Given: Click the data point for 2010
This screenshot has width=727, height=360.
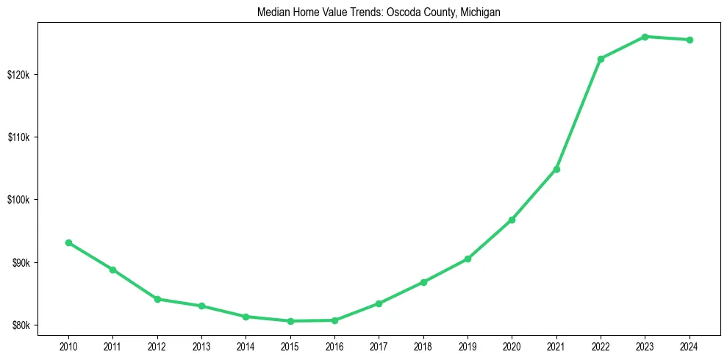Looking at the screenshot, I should [x=68, y=242].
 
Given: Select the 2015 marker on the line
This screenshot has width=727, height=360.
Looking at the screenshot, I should [x=290, y=321].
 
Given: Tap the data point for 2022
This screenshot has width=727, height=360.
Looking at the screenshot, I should [x=601, y=59].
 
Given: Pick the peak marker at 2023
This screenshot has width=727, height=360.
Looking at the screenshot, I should [x=645, y=37].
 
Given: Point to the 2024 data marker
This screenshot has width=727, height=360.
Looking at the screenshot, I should [x=690, y=40].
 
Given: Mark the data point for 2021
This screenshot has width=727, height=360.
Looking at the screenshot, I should [x=556, y=169].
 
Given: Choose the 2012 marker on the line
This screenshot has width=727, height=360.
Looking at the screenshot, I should [x=157, y=299].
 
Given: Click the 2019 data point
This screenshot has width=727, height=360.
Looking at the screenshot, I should [x=468, y=259].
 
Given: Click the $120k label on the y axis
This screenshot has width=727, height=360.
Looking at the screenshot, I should [x=18, y=75].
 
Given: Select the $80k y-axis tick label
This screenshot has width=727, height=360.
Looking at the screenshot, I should [x=20, y=325].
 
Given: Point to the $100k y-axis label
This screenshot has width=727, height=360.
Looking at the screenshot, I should [x=18, y=200].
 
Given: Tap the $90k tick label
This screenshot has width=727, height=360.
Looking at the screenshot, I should [x=20, y=263].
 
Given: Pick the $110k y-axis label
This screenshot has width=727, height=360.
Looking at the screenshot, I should [x=18, y=137].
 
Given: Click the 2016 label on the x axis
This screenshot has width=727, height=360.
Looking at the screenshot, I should [x=334, y=345].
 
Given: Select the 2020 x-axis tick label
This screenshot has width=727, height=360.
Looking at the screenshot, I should [x=512, y=345].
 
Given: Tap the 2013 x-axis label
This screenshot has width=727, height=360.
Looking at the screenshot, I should [x=201, y=345].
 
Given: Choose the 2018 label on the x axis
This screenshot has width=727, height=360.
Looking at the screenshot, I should [x=423, y=345].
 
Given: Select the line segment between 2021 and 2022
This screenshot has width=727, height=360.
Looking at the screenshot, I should [x=579, y=114].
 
